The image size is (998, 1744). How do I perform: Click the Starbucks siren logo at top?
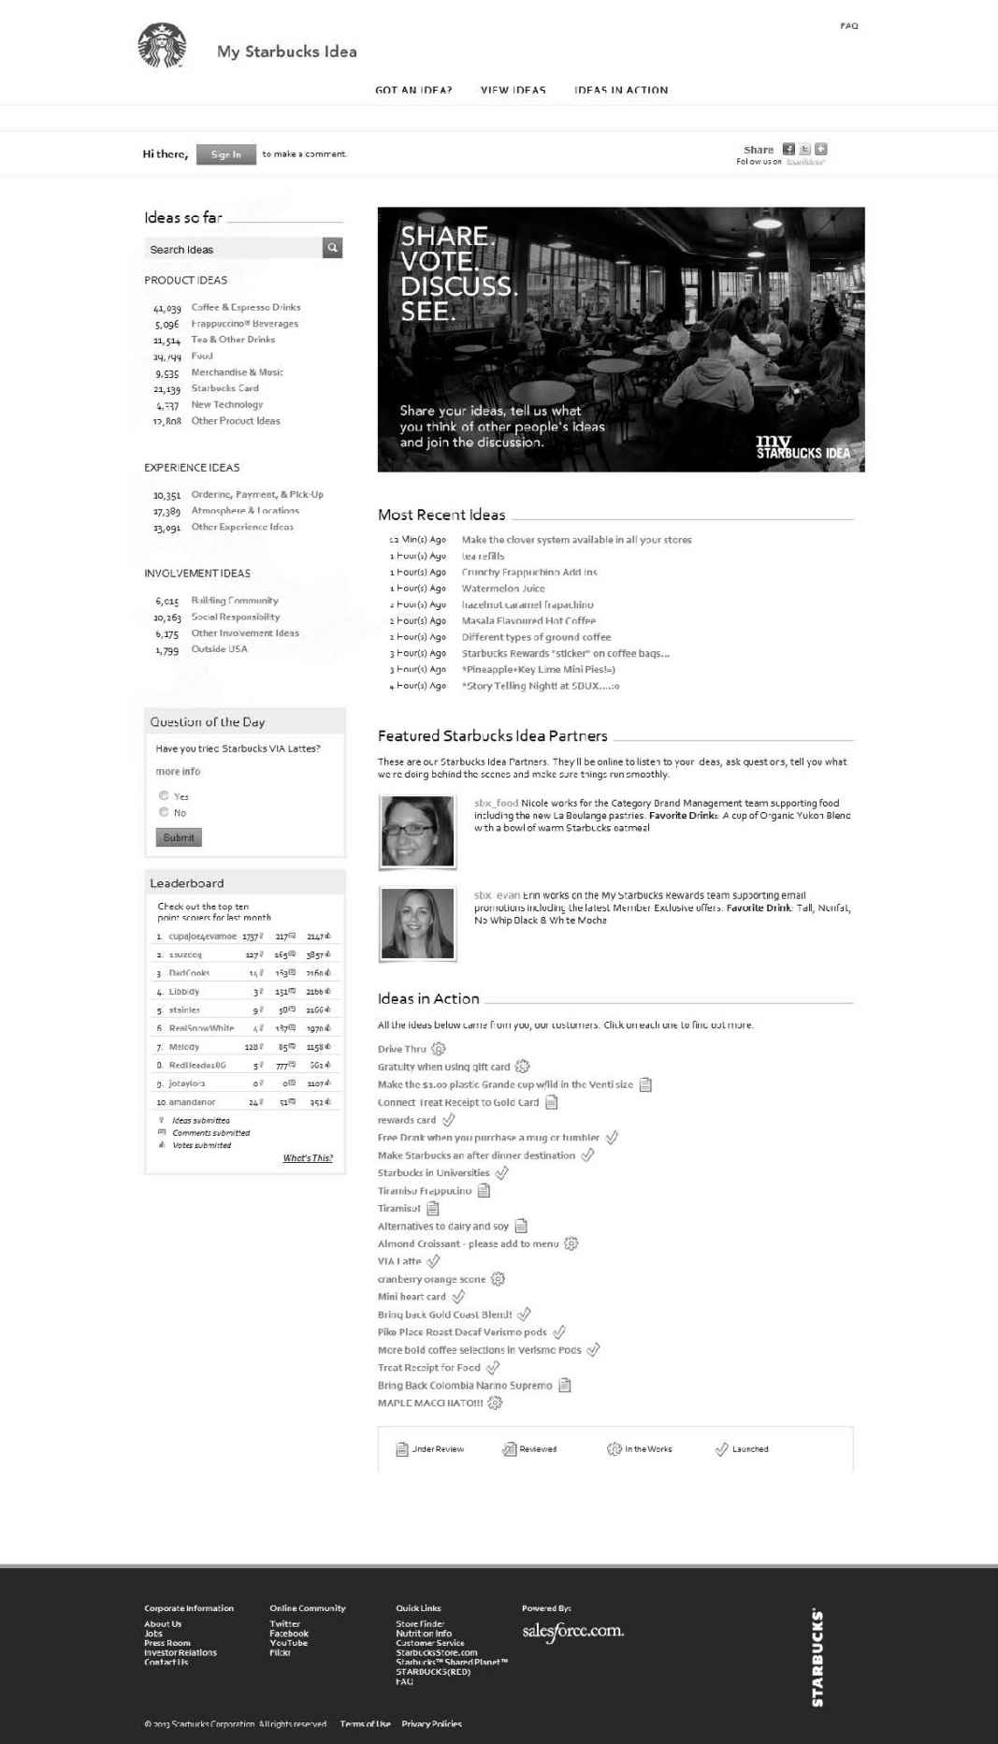pos(163,47)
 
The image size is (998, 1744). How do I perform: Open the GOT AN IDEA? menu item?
pos(413,91)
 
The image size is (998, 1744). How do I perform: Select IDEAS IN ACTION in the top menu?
pos(621,91)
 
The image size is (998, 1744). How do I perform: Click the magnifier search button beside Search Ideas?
pos(332,248)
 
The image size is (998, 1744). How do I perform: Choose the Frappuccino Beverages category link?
pos(244,324)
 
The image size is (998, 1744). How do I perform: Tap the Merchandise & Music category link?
pos(237,372)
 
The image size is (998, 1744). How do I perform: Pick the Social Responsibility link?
pos(235,618)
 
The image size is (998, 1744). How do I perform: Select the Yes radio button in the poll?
pos(164,796)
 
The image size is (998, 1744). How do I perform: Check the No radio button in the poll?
pos(164,812)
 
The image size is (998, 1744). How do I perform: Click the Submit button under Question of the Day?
pos(179,837)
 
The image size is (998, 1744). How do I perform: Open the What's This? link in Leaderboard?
pos(308,1158)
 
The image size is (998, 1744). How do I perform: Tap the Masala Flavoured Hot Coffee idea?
pos(528,621)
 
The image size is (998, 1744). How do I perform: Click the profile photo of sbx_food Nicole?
pos(417,831)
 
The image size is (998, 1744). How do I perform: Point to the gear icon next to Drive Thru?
pos(439,1049)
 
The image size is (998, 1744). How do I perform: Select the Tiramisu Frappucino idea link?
pos(424,1191)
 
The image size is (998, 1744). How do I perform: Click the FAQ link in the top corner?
pos(848,26)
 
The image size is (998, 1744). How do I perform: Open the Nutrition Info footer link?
pos(423,1634)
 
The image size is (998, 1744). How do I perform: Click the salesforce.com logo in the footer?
pos(572,1632)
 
